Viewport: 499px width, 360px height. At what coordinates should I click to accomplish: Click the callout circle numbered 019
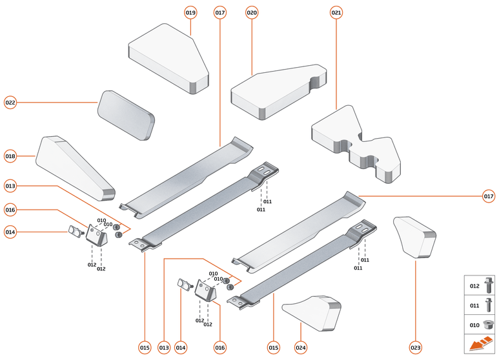point(190,12)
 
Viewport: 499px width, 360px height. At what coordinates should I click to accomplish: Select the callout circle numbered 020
point(252,12)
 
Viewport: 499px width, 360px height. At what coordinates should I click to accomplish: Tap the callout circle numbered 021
point(336,12)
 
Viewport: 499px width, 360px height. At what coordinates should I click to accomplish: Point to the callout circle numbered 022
point(10,103)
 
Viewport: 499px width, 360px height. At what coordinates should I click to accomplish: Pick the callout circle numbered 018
point(10,156)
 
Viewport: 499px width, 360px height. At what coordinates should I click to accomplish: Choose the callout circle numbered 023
point(415,348)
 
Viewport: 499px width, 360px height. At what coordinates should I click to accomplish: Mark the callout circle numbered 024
point(301,348)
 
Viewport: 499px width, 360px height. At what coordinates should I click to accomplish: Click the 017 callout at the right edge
point(489,195)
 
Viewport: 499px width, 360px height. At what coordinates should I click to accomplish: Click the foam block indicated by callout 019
point(169,58)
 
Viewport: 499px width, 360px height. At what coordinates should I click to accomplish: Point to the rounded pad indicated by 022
point(126,115)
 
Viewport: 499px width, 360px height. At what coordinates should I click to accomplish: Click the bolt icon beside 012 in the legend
point(488,285)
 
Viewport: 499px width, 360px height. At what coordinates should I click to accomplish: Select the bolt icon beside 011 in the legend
point(488,305)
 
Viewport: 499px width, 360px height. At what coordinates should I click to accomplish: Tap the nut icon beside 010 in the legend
point(488,324)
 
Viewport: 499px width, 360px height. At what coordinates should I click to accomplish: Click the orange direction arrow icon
point(480,344)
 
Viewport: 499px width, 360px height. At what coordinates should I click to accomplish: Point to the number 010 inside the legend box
point(474,325)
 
